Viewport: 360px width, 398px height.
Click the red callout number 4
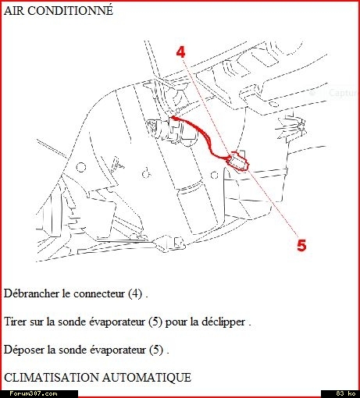coord(180,52)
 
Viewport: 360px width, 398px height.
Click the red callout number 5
coord(301,245)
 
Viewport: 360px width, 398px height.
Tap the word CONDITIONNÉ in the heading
coord(70,11)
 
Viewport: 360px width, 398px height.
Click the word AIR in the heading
coord(14,11)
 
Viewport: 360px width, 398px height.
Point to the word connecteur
coord(99,294)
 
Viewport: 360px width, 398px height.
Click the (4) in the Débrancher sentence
coord(135,293)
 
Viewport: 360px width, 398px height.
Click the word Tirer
coord(16,322)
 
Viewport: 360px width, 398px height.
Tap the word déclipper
coord(223,322)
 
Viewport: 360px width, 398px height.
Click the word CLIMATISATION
coord(52,378)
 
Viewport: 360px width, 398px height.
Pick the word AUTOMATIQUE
coord(147,378)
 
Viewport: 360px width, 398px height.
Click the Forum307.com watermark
coord(34,393)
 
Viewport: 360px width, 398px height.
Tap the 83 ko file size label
coord(346,393)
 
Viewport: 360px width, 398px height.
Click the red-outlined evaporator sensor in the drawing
coord(238,162)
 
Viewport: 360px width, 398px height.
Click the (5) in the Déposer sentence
coord(156,350)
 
